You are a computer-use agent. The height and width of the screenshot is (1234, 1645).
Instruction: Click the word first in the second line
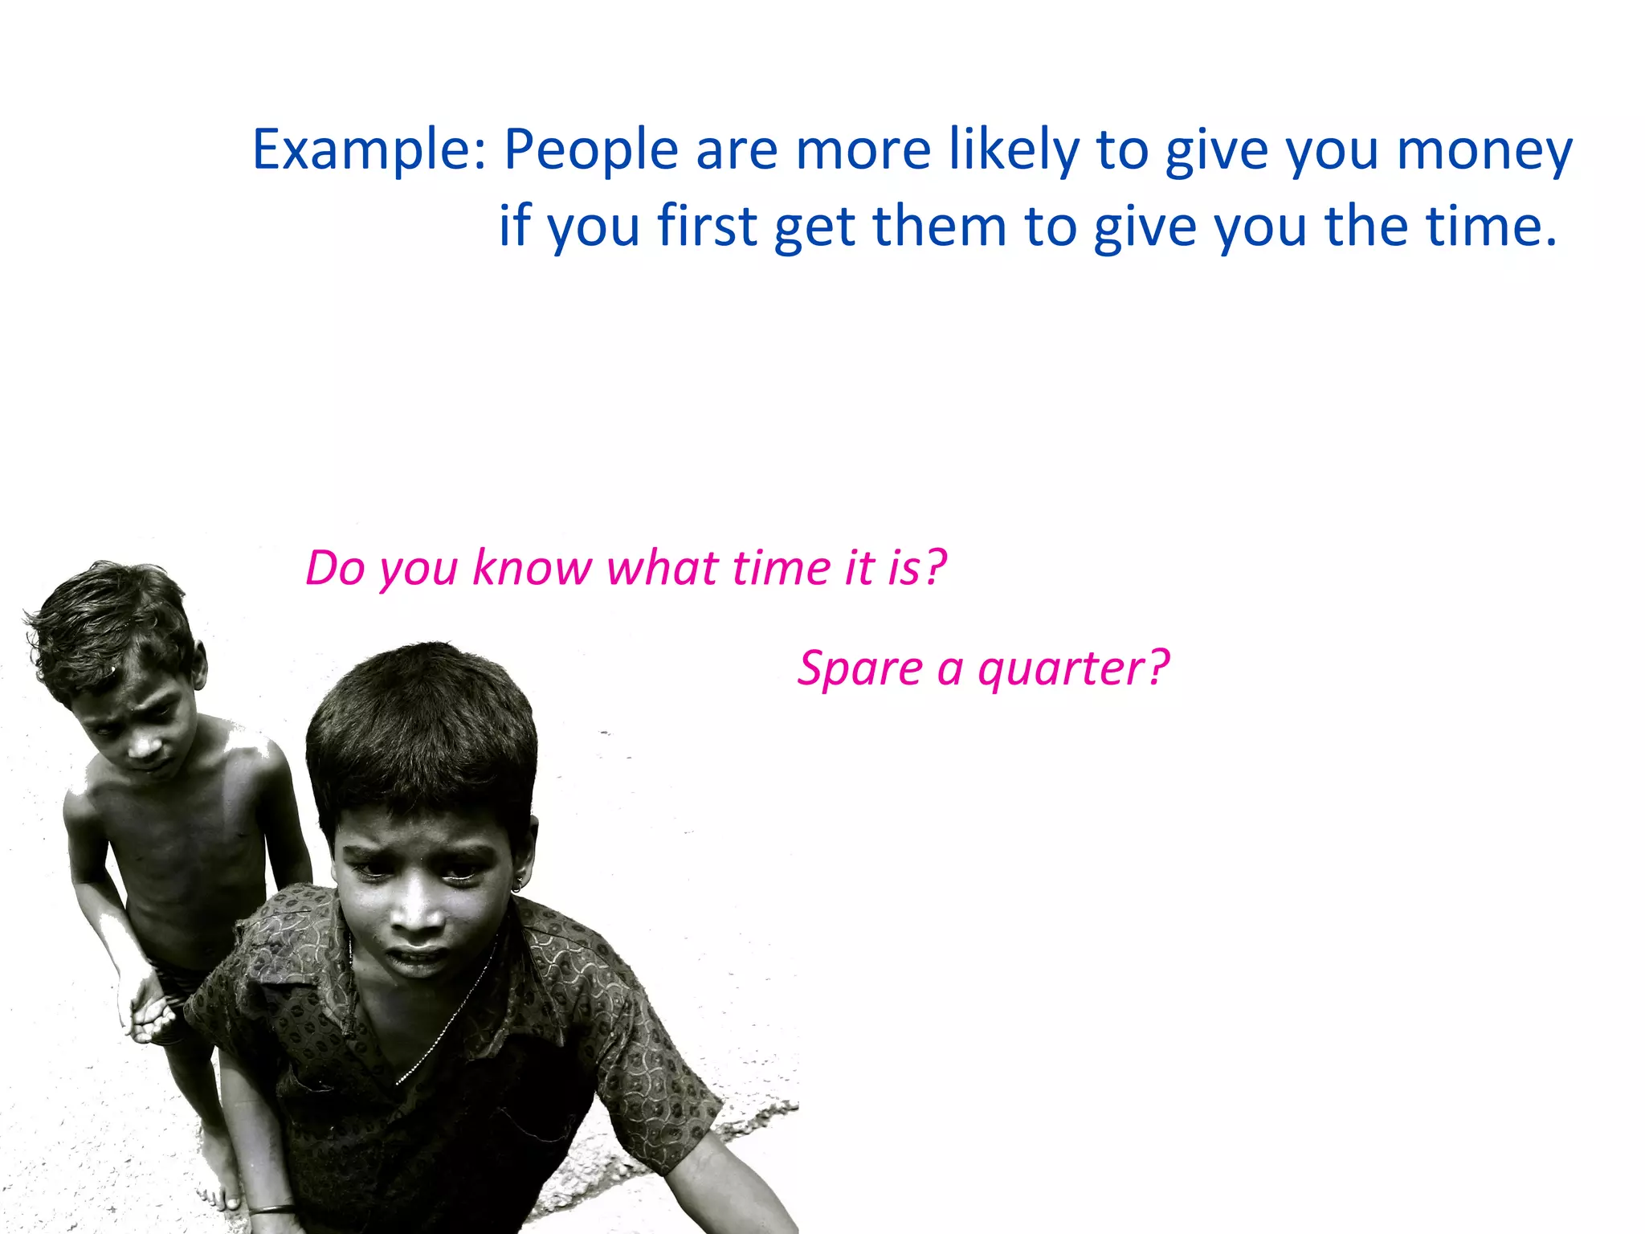point(707,226)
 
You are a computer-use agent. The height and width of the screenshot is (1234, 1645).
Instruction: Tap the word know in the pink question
point(532,568)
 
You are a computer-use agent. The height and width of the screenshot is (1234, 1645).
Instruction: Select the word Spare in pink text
point(859,668)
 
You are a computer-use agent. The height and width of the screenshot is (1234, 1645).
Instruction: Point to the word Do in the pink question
point(336,568)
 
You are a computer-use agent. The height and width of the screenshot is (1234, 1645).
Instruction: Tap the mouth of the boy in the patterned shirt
point(418,957)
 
